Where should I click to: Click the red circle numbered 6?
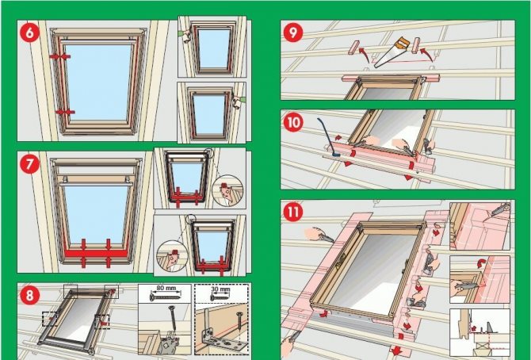(29, 33)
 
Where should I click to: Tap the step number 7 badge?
(29, 163)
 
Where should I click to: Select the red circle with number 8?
(29, 295)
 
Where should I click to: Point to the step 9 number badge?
(293, 33)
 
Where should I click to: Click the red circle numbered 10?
(293, 121)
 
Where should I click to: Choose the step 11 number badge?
(293, 212)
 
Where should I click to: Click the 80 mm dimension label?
(166, 289)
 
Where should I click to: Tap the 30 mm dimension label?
(220, 289)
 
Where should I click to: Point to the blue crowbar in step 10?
(327, 137)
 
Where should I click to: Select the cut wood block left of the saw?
(353, 47)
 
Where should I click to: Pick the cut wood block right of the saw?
(416, 45)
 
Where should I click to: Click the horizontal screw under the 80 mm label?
(165, 297)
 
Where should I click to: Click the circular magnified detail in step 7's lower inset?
(172, 255)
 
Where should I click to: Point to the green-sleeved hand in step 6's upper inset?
(185, 36)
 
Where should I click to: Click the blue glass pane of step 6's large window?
(97, 82)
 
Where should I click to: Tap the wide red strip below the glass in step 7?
(96, 253)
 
